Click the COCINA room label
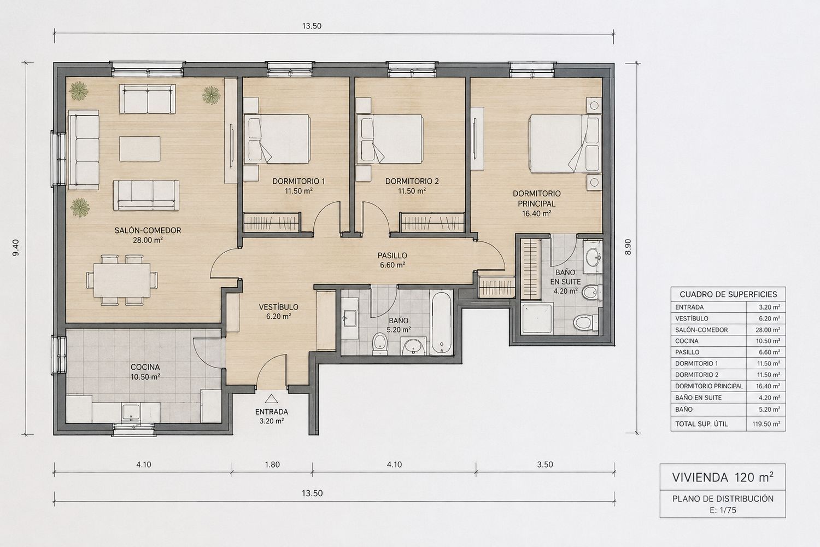[145, 366]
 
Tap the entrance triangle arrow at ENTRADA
[271, 399]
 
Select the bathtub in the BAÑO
[441, 322]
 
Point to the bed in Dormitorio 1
[277, 138]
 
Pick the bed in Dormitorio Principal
[565, 143]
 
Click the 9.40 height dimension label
[16, 247]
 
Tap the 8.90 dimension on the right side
[628, 247]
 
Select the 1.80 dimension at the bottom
[272, 464]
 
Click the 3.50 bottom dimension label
[545, 464]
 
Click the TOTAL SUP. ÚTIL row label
[701, 424]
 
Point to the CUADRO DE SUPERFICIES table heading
[728, 294]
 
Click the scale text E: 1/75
[723, 510]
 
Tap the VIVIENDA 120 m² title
[723, 477]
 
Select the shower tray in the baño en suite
[537, 318]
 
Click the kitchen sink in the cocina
[131, 412]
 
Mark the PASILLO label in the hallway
[393, 255]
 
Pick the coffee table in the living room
[139, 148]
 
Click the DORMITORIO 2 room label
[412, 181]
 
